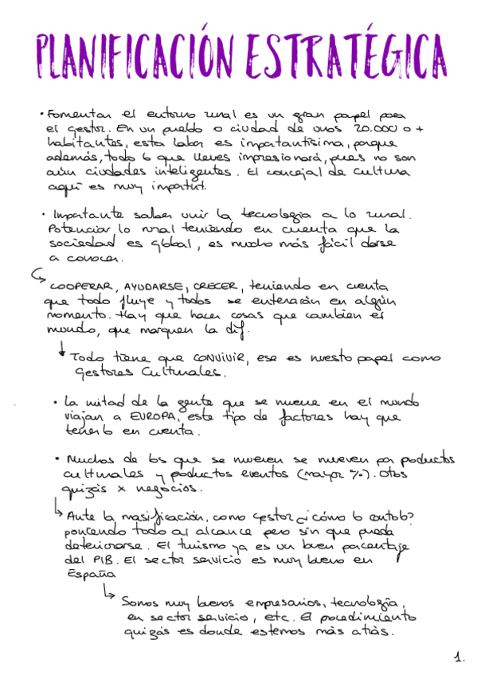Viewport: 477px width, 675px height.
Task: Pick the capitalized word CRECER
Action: tap(215, 285)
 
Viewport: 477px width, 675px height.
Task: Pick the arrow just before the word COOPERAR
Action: tap(37, 275)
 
